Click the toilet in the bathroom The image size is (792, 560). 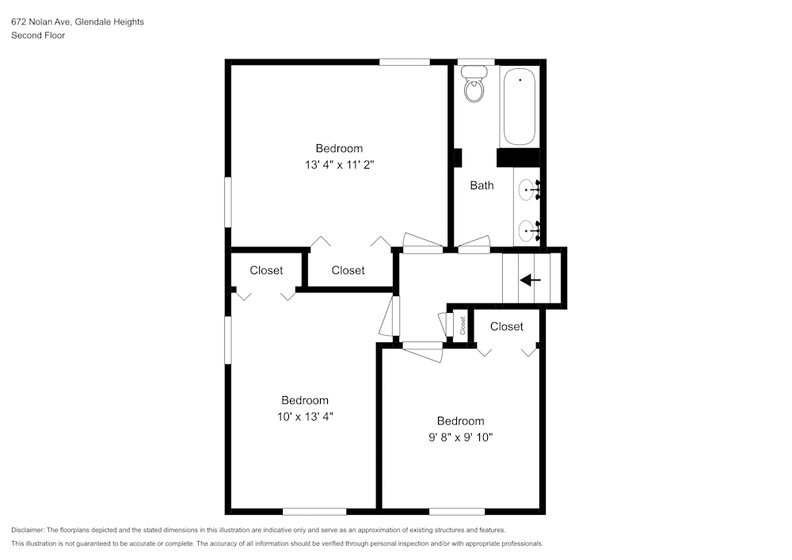(474, 86)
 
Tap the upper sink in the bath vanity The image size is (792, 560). (527, 190)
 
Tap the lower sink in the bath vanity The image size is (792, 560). (527, 231)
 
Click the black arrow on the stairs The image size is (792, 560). (530, 280)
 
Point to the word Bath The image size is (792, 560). (482, 185)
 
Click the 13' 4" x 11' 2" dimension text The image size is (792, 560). (339, 166)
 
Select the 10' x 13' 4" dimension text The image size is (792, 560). (305, 417)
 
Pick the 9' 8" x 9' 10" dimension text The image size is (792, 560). (460, 437)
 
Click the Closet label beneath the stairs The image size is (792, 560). (506, 326)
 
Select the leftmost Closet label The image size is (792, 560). (266, 270)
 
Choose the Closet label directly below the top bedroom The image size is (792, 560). (348, 270)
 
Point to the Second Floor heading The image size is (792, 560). (38, 36)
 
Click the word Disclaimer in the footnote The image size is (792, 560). (28, 530)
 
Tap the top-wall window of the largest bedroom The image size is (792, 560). (404, 62)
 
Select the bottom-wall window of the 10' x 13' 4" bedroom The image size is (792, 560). (314, 511)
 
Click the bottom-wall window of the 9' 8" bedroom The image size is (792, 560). (457, 511)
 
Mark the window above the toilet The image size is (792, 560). (476, 62)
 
